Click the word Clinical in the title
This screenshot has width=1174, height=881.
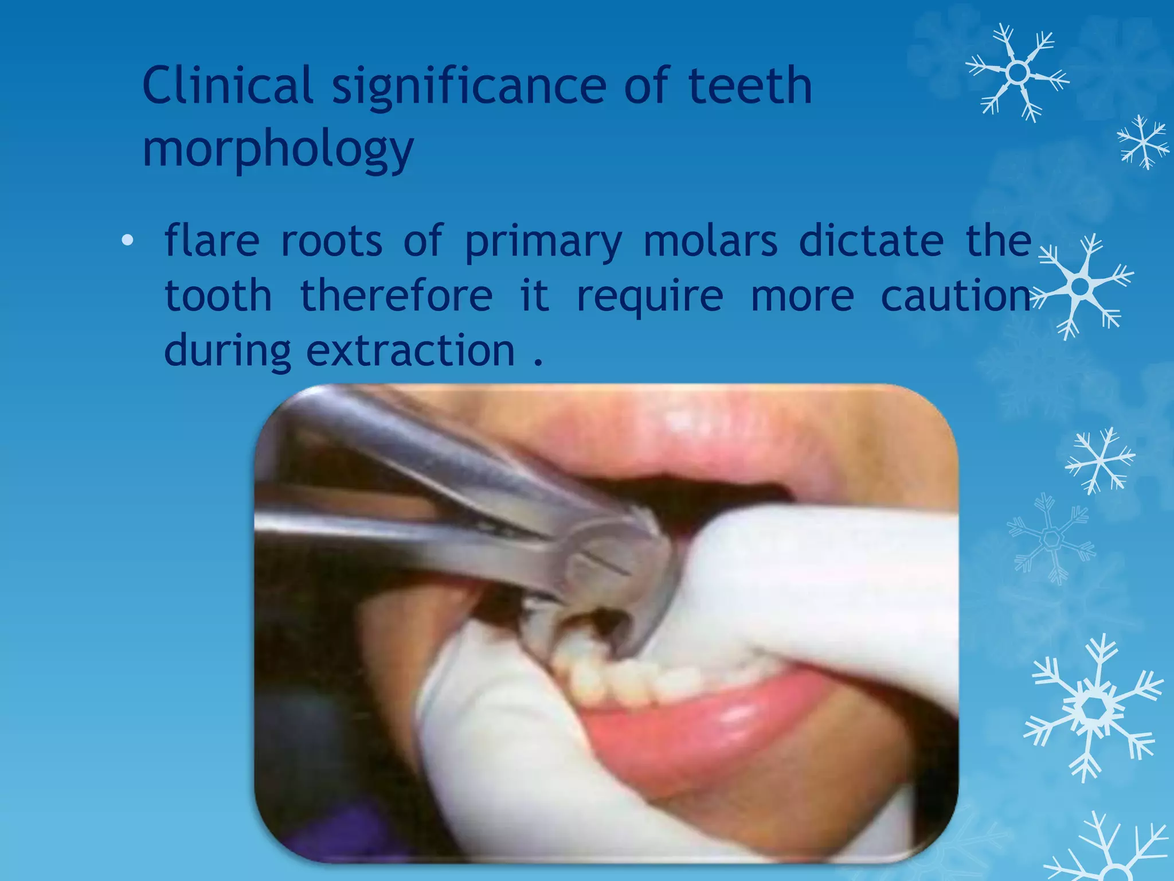(227, 85)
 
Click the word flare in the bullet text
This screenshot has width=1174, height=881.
(212, 240)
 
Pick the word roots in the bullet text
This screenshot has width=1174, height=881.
(331, 240)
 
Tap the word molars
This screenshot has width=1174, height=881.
(710, 240)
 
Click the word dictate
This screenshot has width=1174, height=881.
(871, 240)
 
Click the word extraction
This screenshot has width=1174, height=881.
(410, 350)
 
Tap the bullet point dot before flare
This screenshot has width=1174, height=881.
(127, 240)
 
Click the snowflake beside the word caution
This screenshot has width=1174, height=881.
(1081, 286)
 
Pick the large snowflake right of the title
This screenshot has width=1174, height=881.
(1018, 73)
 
